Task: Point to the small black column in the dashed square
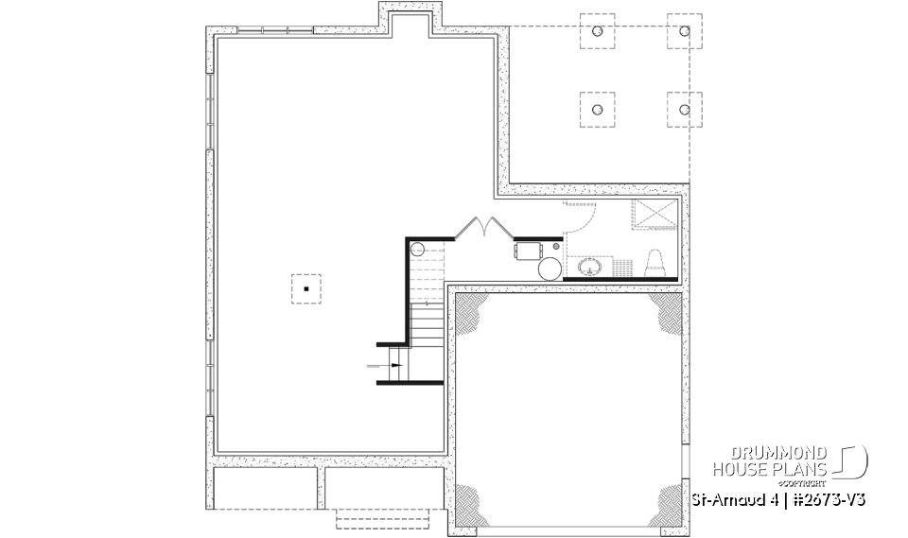306,287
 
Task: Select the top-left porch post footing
597,31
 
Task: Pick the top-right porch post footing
684,31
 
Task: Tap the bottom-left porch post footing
597,110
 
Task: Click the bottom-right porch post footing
684,110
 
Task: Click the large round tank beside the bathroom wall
550,269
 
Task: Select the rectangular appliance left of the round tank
528,251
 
